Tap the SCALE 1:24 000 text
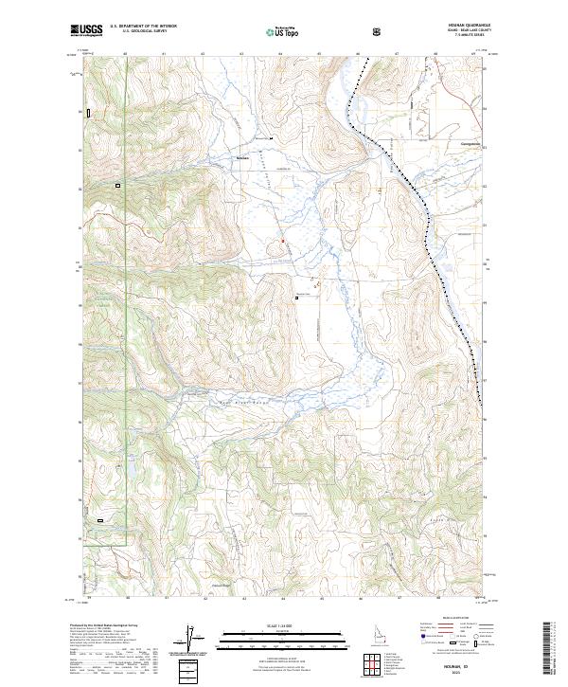pos(284,624)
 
